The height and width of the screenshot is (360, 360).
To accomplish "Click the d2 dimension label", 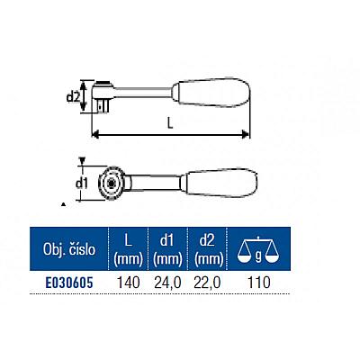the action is pyautogui.click(x=73, y=97).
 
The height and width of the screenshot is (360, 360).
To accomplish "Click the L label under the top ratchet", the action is pyautogui.click(x=170, y=123).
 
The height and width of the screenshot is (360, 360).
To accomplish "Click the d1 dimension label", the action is pyautogui.click(x=81, y=183).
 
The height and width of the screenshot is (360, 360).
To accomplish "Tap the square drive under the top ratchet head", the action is pyautogui.click(x=103, y=106).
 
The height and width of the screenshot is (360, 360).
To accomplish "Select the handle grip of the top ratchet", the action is pyautogui.click(x=211, y=92).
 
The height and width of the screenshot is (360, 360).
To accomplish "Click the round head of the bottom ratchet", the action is pyautogui.click(x=112, y=183).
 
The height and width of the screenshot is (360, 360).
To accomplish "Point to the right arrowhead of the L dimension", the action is pyautogui.click(x=246, y=134).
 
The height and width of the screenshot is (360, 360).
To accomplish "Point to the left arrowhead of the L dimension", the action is pyautogui.click(x=95, y=134).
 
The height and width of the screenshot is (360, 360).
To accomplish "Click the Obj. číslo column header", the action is pyautogui.click(x=69, y=249).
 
